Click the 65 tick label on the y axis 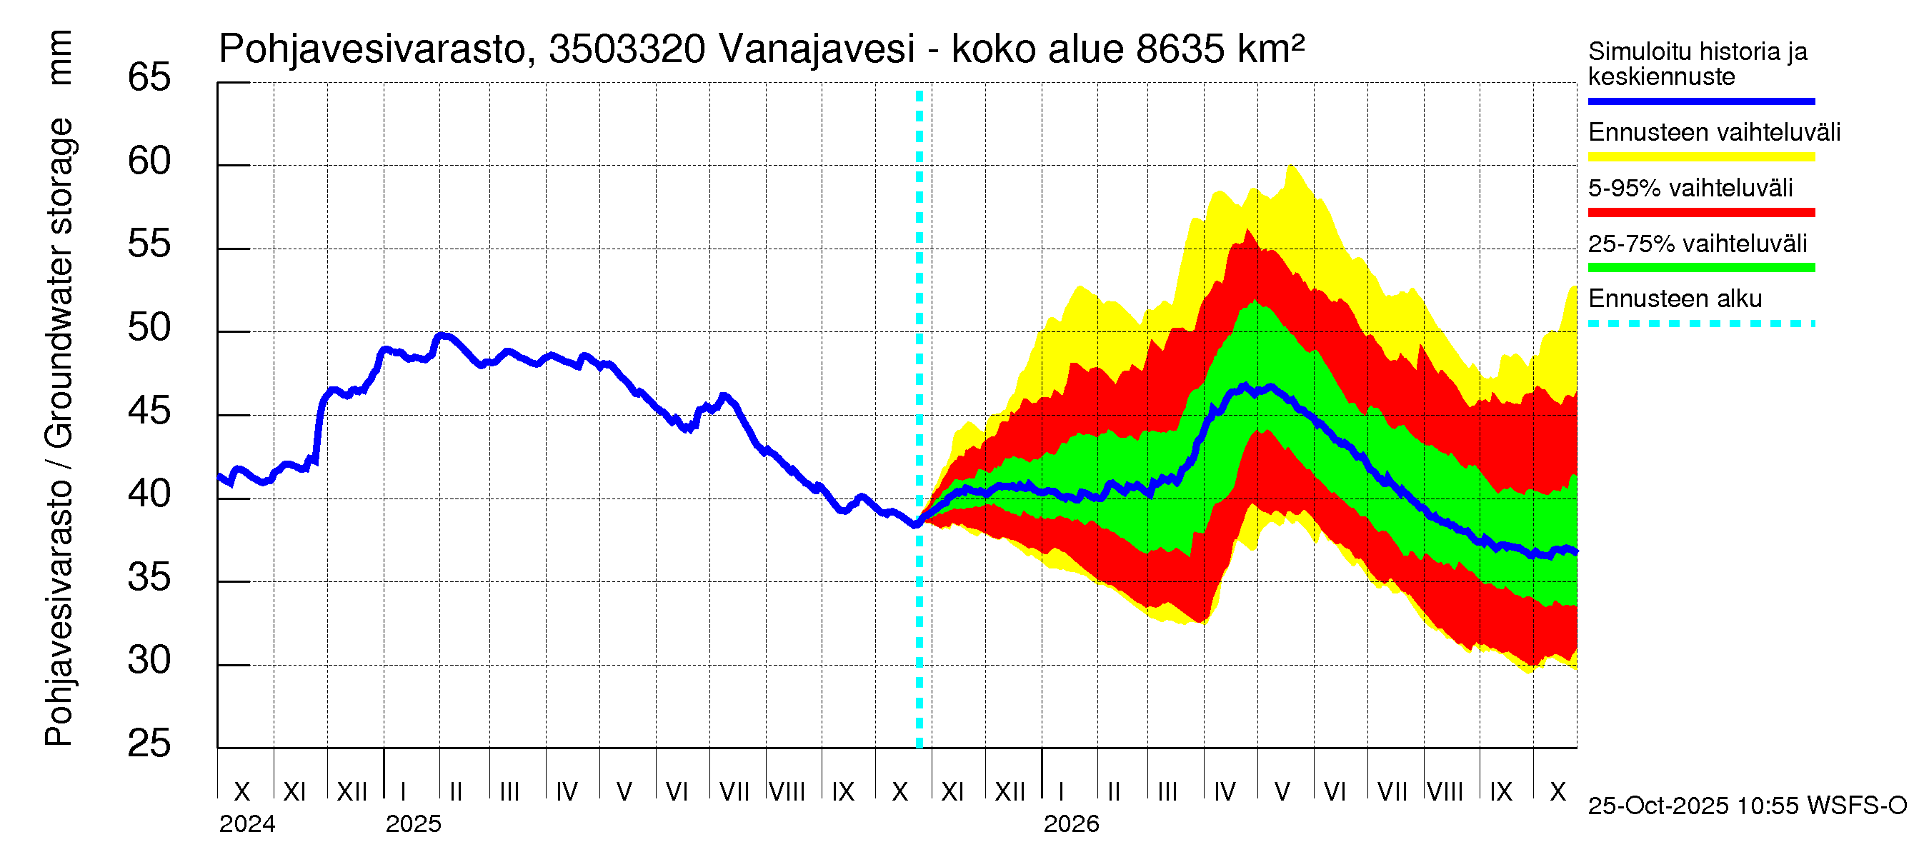click(x=149, y=78)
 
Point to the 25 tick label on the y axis click(x=149, y=744)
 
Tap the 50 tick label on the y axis click(x=149, y=328)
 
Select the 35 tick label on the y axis click(x=149, y=578)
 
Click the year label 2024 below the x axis click(x=247, y=824)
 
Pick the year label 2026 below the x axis click(x=1071, y=824)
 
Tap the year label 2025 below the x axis click(x=414, y=824)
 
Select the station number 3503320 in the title click(x=627, y=49)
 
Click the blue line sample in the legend click(x=1700, y=101)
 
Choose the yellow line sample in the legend click(x=1700, y=157)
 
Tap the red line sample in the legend click(x=1700, y=213)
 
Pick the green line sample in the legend click(x=1700, y=268)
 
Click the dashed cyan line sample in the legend click(x=1700, y=324)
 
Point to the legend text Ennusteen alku click(x=1675, y=299)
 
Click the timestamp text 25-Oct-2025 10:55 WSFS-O click(x=1747, y=806)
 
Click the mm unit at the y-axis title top click(x=59, y=57)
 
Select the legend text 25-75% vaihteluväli click(x=1697, y=244)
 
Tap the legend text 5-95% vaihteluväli click(x=1690, y=188)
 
